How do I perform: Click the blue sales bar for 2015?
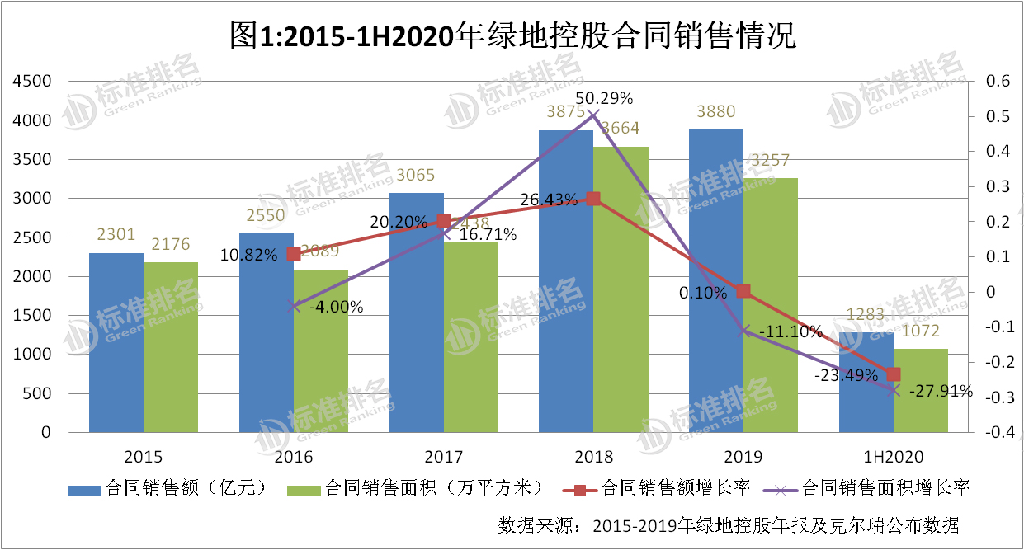pos(116,342)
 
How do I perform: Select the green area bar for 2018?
pos(621,289)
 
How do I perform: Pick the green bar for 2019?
pos(770,305)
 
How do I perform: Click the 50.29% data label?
pos(604,99)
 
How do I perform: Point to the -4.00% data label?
pos(336,307)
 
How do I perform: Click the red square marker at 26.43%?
pos(592,199)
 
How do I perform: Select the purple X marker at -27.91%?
pos(894,390)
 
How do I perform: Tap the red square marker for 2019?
pos(743,291)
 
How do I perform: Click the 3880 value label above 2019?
pos(716,111)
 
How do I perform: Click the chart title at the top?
pos(512,35)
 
